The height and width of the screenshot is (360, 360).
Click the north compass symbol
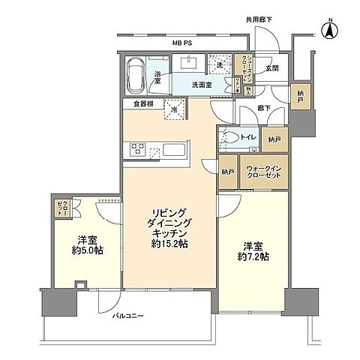tap(328, 31)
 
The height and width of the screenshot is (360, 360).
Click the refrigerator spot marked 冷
tap(175, 109)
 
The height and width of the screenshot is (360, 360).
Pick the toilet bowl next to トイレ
tap(229, 139)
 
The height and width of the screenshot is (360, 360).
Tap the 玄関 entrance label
tap(271, 68)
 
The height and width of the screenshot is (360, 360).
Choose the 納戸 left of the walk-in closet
tap(228, 171)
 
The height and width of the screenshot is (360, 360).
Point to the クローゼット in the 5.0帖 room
tap(61, 207)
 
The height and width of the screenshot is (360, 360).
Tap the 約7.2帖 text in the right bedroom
tap(255, 256)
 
